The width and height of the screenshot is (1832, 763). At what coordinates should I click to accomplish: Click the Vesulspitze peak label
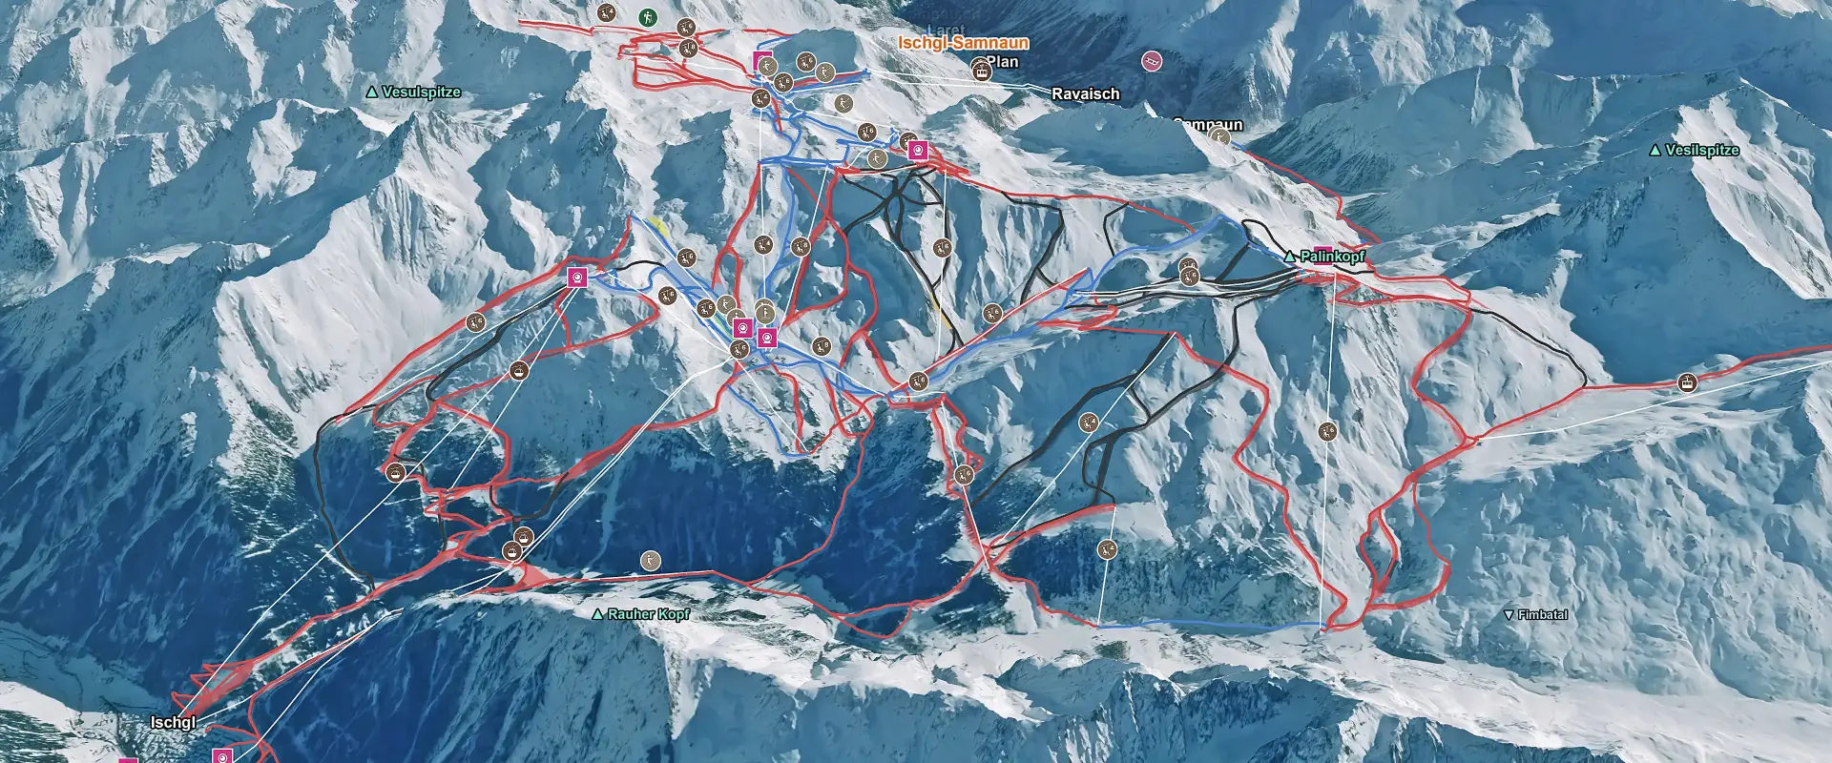tap(421, 93)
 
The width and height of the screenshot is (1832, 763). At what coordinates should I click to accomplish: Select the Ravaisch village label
tap(1085, 93)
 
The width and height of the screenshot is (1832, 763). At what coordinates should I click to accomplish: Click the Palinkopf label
tap(1332, 257)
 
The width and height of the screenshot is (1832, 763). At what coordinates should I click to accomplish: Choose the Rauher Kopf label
tap(648, 614)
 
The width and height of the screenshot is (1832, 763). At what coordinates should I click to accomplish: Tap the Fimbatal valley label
tap(1542, 615)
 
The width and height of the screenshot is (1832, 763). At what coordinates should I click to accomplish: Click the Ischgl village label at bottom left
tap(173, 723)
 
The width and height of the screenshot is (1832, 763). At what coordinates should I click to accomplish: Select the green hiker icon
tap(648, 17)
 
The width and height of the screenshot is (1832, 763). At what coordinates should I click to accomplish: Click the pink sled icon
tap(1153, 61)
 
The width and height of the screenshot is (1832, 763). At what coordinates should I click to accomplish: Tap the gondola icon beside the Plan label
tap(980, 69)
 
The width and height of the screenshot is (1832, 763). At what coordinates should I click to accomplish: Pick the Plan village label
tap(1003, 62)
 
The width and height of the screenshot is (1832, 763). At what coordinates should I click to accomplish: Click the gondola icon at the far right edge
tap(1688, 383)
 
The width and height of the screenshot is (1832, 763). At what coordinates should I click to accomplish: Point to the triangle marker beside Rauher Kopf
tap(598, 615)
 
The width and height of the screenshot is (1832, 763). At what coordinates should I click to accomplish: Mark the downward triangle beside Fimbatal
tap(1509, 615)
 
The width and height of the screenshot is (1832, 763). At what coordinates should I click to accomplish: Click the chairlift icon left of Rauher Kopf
tap(650, 560)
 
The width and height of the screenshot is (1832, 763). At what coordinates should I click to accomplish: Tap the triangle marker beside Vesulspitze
tap(372, 93)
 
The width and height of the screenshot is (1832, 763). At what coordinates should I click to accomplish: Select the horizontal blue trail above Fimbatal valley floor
tap(1212, 626)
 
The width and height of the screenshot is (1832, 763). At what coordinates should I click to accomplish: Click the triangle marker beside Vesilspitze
tap(1655, 151)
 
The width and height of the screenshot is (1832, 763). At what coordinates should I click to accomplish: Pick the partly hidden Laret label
tap(946, 31)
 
